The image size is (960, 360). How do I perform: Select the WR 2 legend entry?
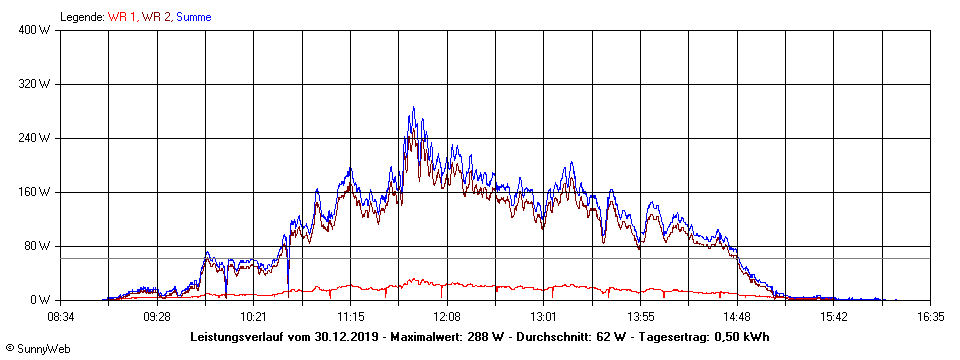[x=156, y=17]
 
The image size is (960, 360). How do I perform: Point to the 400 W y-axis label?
[x=35, y=30]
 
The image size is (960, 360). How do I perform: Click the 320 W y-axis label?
[x=35, y=84]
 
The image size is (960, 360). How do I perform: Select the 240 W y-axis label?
[x=35, y=138]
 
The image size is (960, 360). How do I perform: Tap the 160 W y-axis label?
[x=35, y=192]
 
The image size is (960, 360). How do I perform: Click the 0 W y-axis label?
[x=41, y=300]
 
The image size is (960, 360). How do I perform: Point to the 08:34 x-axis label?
[x=61, y=316]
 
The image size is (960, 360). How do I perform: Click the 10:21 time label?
[x=254, y=316]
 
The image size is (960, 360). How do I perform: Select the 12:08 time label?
[x=447, y=316]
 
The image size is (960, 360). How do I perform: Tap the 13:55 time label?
[x=640, y=316]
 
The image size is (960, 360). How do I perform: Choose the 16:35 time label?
[x=931, y=316]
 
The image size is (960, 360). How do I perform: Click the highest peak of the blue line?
[x=412, y=108]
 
